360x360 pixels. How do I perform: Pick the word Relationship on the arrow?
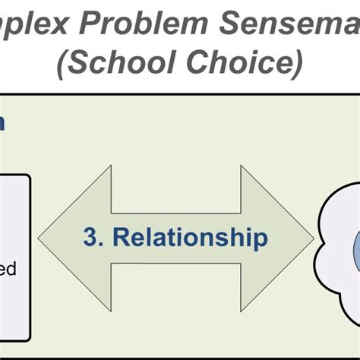pos(191,238)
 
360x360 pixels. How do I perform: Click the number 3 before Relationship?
pos(90,238)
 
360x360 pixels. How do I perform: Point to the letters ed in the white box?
pos(9,269)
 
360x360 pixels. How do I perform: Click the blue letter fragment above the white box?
pos(3,124)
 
